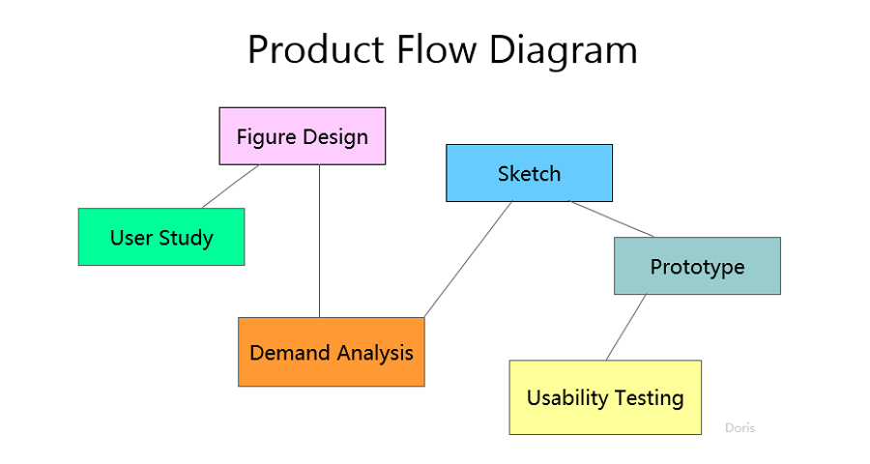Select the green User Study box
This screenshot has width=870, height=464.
coord(160,237)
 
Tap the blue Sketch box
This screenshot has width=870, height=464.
coord(529,173)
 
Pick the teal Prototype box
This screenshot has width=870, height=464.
coord(697,266)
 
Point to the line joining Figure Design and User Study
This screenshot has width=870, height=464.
coord(230,187)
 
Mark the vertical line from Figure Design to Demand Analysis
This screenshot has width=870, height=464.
coord(320,242)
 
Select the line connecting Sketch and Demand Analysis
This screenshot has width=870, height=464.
coord(468,259)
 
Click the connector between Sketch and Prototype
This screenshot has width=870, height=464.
coord(612,219)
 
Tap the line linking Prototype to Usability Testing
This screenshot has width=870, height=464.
coord(626,327)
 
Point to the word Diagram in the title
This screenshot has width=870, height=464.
coord(563,50)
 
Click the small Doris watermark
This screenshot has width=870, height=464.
coord(739,427)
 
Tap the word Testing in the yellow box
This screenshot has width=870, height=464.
coord(650,397)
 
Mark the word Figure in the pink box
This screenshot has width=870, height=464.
coord(266,136)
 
